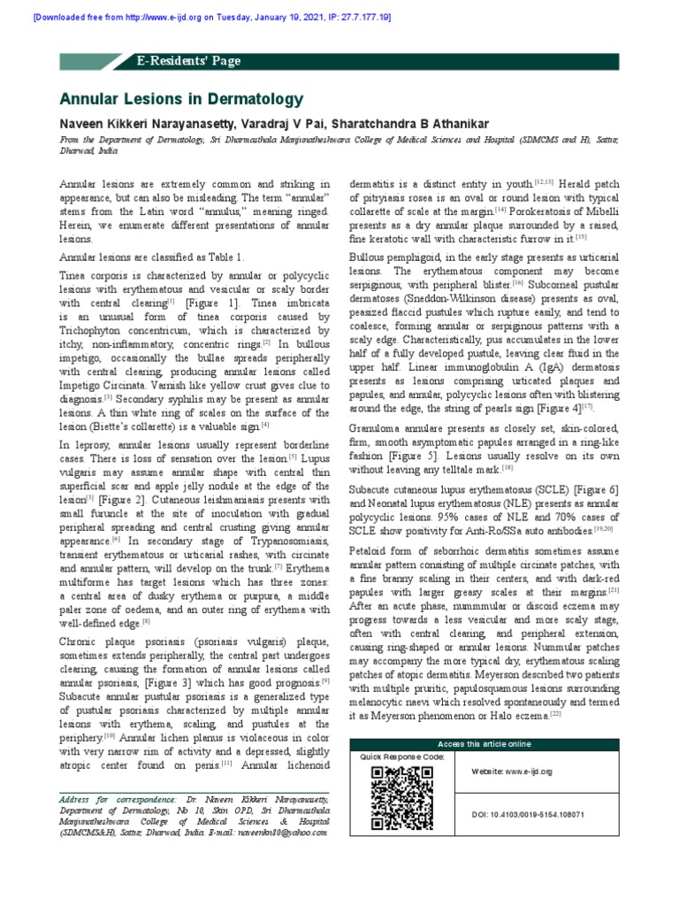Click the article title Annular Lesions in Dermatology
click(180, 99)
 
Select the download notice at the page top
click(200, 17)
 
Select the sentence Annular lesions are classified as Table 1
click(150, 257)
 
